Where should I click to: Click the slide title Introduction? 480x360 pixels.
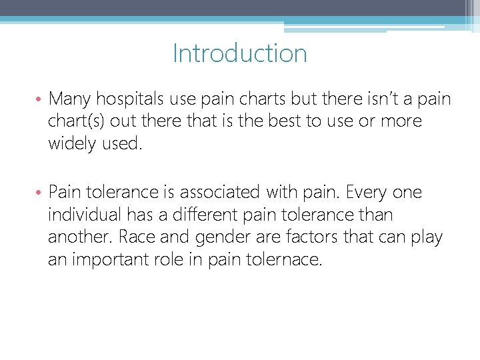240,53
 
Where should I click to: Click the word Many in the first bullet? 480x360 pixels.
71,99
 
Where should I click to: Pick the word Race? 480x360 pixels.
144,237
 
